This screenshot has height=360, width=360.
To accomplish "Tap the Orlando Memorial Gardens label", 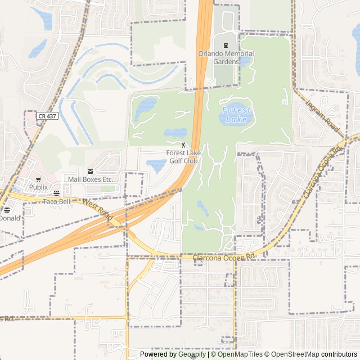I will coord(226,57).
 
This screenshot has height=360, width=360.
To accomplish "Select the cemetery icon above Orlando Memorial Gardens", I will coord(226,45).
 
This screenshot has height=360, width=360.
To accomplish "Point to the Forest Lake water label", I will coord(236,115).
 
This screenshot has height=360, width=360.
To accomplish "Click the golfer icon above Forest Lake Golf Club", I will coord(182,145).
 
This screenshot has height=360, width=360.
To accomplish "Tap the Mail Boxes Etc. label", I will coord(91,179).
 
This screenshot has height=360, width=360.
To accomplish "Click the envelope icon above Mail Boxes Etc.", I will coord(90,171).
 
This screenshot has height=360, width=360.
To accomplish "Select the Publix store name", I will coord(38,187).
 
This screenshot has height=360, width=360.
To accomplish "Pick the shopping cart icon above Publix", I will coord(38,179).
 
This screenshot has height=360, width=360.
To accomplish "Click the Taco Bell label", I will coord(56,201).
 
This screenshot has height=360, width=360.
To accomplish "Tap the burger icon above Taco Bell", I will coord(56,193).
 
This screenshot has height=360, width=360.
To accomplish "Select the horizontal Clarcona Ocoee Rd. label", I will coord(224,256).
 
